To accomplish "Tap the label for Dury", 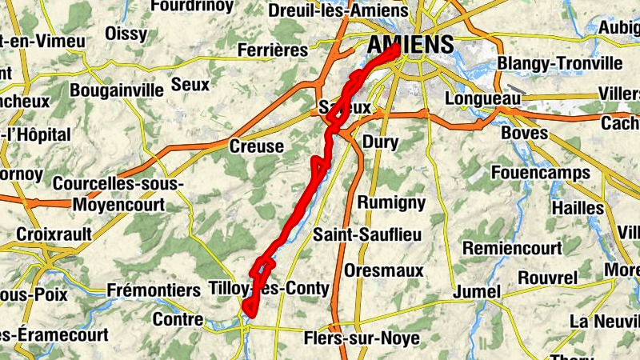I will [380, 142].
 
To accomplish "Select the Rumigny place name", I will [391, 202].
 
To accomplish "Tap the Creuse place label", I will [256, 146].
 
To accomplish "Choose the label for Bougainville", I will [116, 90].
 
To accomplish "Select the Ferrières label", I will [273, 50].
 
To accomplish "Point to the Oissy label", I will [127, 34].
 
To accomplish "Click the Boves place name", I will [525, 132].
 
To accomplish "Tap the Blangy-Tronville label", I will [559, 63].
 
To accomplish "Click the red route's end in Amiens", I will [397, 50].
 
